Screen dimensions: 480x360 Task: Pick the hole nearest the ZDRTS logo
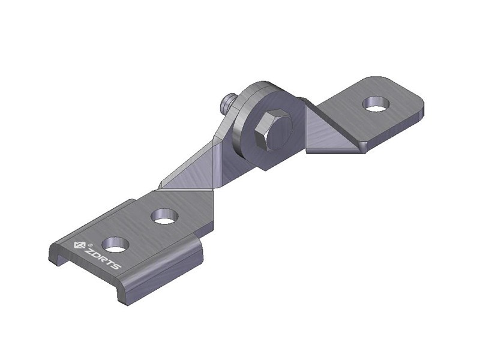coord(116,244)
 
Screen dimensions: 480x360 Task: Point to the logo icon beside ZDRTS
coord(79,245)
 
